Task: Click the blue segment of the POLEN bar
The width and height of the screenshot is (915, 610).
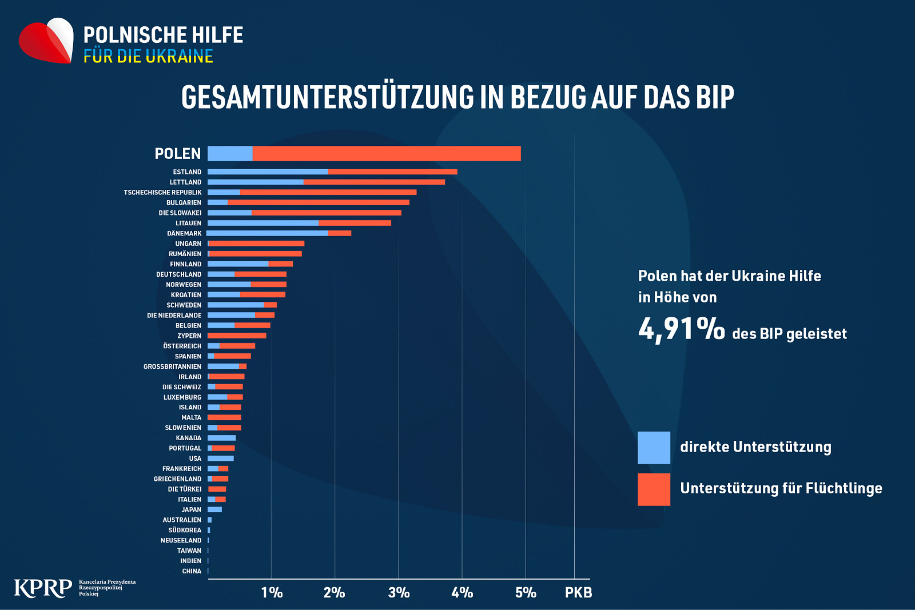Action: (230, 154)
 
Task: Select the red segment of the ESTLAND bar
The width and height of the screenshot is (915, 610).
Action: (392, 172)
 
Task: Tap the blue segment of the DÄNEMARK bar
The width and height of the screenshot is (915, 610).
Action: (268, 233)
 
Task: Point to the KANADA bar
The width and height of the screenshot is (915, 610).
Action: (222, 438)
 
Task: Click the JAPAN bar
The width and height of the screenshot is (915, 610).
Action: (215, 509)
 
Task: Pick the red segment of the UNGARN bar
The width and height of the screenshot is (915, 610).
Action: (257, 244)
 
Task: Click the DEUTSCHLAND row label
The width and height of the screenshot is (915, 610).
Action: (178, 274)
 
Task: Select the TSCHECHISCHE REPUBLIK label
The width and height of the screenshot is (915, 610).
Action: (162, 192)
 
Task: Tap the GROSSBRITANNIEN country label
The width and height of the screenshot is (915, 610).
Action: (172, 366)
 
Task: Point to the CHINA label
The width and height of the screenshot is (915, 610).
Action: (192, 571)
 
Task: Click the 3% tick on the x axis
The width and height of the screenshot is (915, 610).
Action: (399, 592)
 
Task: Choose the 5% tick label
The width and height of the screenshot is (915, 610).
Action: (526, 592)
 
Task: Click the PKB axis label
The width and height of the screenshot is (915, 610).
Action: (578, 592)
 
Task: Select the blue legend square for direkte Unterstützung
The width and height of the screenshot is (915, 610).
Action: (654, 448)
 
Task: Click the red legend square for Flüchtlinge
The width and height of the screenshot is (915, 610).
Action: (654, 489)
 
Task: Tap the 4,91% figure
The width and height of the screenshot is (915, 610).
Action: (681, 329)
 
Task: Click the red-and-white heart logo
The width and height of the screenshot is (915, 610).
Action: (46, 41)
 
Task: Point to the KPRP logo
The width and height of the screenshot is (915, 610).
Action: (42, 588)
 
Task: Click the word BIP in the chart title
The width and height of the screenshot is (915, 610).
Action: (715, 97)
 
